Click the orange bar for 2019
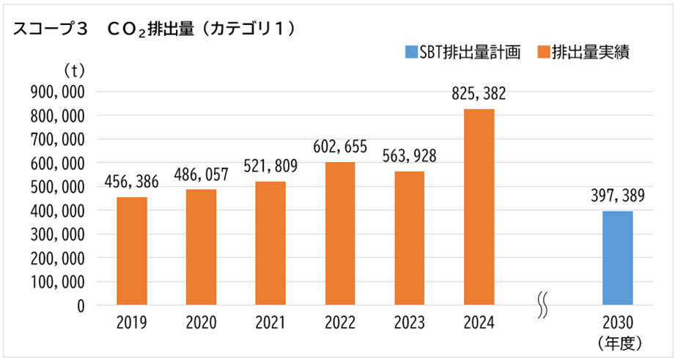click(x=132, y=251)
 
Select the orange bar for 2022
click(x=339, y=233)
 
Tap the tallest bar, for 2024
click(x=479, y=207)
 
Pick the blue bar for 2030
click(x=617, y=257)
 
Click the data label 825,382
click(x=479, y=95)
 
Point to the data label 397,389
click(x=617, y=196)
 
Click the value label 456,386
click(x=132, y=182)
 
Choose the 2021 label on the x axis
click(x=270, y=323)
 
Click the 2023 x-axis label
click(x=409, y=323)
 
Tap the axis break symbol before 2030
click(x=543, y=306)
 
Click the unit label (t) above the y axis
click(x=75, y=70)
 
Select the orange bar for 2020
click(x=201, y=247)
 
